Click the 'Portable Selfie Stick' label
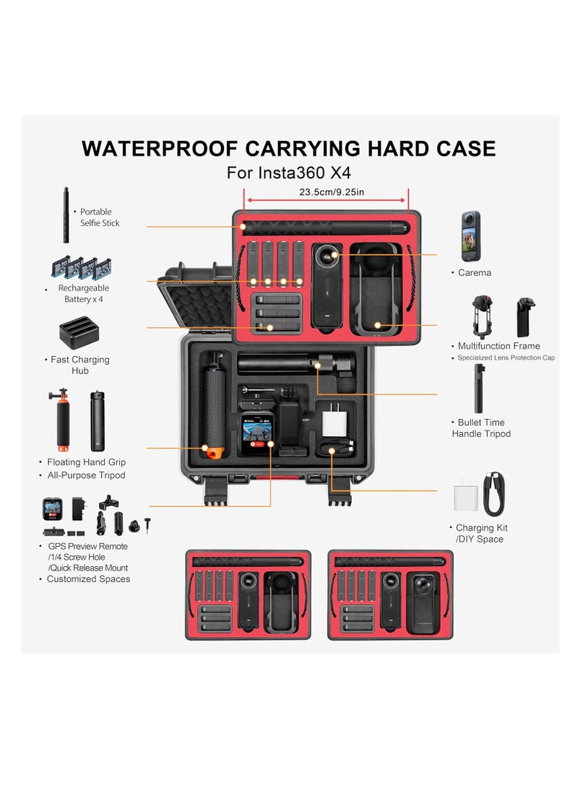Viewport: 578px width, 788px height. point(100,217)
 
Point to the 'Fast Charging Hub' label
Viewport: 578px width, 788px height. point(79,365)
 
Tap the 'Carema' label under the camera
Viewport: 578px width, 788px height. point(475,273)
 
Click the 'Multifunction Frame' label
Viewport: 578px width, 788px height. point(499,346)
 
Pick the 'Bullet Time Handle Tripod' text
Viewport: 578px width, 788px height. point(481,428)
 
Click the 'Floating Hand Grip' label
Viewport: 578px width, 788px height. point(86,462)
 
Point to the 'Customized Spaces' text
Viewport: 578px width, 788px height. point(88,579)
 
